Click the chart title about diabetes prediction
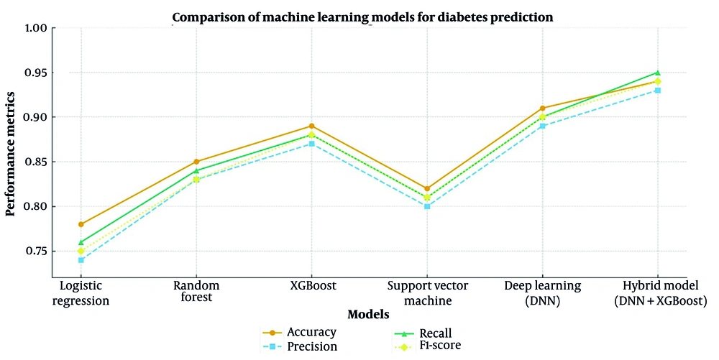point(362,17)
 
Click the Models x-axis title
point(368,315)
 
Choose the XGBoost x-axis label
point(311,286)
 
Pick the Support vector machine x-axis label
point(427,293)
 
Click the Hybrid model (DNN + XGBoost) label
point(657,293)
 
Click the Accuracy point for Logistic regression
point(81,224)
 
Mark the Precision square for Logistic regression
point(81,260)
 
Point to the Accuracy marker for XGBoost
point(311,126)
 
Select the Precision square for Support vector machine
point(427,206)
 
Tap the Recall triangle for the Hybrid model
point(657,73)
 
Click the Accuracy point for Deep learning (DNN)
point(542,109)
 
